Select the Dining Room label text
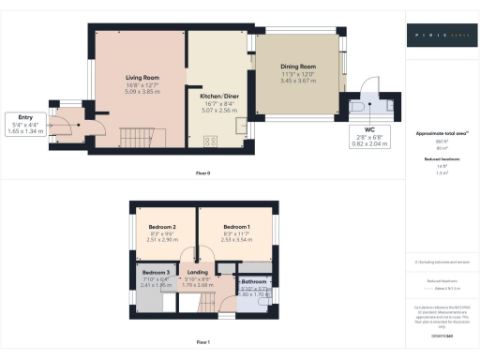click(299, 67)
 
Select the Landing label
click(198, 272)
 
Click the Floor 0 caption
click(202, 174)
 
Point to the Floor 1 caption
click(202, 341)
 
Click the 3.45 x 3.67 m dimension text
click(299, 82)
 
